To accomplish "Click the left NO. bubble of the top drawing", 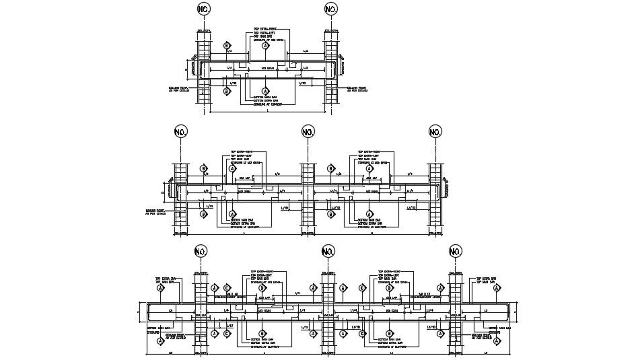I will coord(204,9).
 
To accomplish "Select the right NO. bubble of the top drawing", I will coord(331,9).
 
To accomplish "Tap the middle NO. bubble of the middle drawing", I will coord(308,131).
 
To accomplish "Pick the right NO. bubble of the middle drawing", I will coord(435,131).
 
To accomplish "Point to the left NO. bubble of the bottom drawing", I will coord(201,252).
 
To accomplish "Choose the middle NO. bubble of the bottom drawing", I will coord(328,252).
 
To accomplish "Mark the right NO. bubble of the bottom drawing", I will coord(456,252).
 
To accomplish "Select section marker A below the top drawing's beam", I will coord(265,91).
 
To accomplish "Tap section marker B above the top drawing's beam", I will coord(227,46).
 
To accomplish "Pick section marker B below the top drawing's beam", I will coord(227,91).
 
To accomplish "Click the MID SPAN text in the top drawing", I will coord(267,68).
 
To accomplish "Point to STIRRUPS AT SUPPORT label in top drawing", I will coord(267,104).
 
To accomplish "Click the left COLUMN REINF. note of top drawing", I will coord(178,89).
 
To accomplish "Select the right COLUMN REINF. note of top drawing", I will coord(357,89).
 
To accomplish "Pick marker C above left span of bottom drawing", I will coord(227,287).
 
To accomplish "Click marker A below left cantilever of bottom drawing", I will coord(161,340).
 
